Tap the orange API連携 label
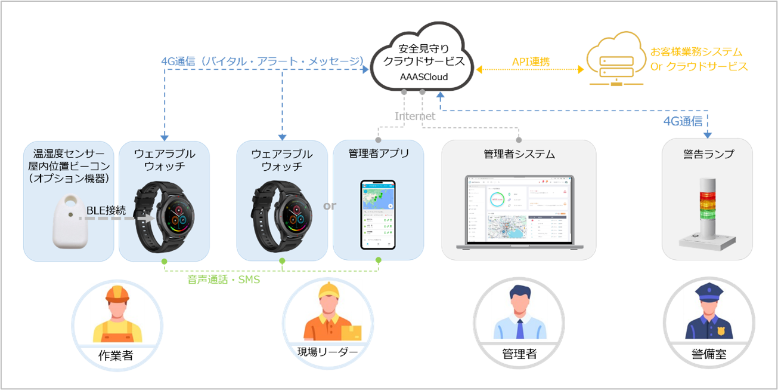[531, 62]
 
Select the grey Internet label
[415, 116]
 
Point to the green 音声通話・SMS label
[223, 279]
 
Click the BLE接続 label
[106, 210]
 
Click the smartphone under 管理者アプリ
[377, 214]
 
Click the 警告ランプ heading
[708, 154]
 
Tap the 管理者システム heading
[519, 154]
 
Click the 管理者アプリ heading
[379, 153]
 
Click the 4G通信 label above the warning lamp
[683, 121]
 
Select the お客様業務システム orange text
[696, 52]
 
